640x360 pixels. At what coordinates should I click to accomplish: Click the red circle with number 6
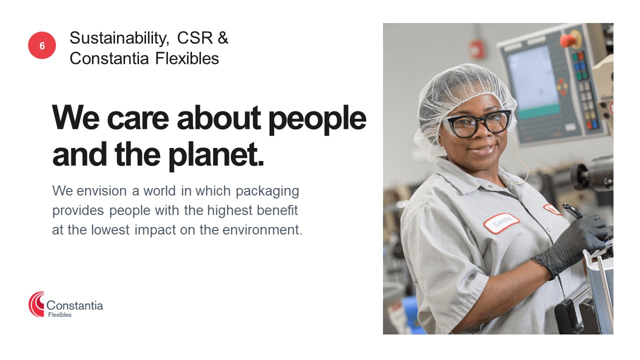pyautogui.click(x=42, y=45)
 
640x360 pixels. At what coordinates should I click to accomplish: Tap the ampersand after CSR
pyautogui.click(x=223, y=37)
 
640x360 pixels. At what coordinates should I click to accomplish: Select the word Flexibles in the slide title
pyautogui.click(x=187, y=58)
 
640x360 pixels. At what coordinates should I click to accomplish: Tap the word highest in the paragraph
pyautogui.click(x=230, y=211)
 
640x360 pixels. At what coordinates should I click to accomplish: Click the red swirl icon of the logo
pyautogui.click(x=36, y=304)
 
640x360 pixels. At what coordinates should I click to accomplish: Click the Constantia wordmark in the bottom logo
pyautogui.click(x=74, y=305)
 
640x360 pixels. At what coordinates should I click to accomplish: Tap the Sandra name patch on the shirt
pyautogui.click(x=501, y=223)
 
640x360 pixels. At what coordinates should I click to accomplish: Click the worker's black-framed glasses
pyautogui.click(x=477, y=123)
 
